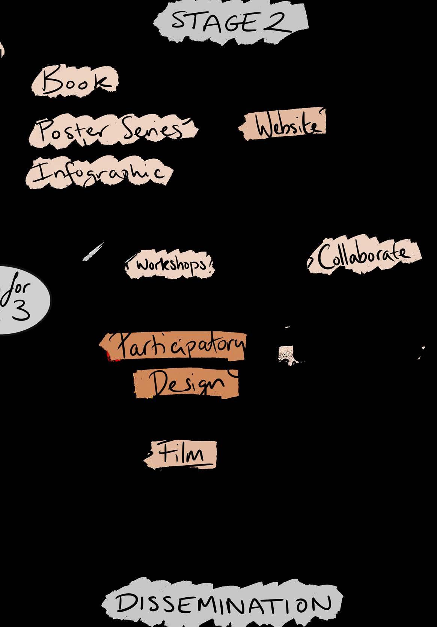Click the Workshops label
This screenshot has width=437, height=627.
[x=171, y=265]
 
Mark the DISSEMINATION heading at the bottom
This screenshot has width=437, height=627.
[x=223, y=603]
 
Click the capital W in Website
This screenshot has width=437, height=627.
[x=265, y=126]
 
